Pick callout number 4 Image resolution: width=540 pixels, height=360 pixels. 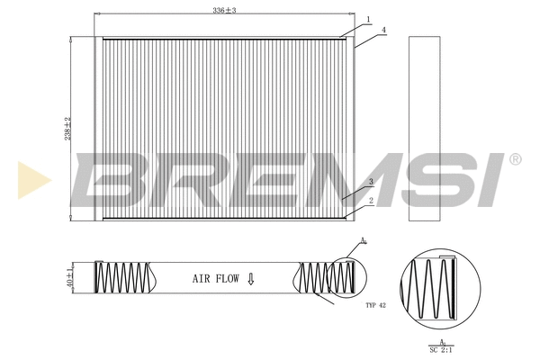[x=383, y=31]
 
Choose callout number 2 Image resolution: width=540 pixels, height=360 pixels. [x=370, y=201]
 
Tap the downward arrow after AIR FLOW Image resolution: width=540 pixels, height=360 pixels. [x=251, y=279]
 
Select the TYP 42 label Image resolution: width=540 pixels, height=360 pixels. [x=376, y=307]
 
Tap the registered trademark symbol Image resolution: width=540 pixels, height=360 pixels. [x=515, y=159]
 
